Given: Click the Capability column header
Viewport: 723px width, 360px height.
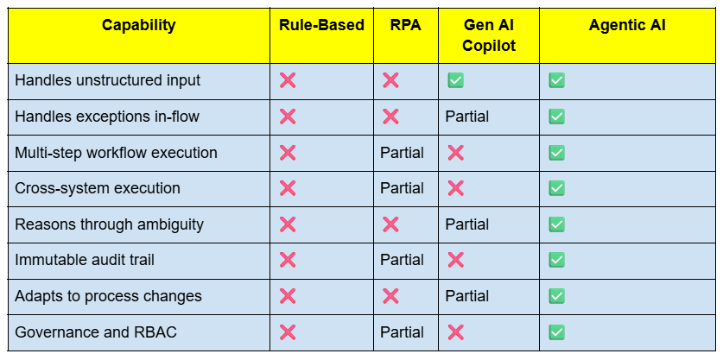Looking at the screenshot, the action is click(138, 25).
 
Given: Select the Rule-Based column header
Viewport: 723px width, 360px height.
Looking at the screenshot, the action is click(322, 25).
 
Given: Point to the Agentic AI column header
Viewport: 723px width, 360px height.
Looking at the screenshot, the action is click(627, 25).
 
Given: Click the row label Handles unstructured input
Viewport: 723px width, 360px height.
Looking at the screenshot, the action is click(107, 80).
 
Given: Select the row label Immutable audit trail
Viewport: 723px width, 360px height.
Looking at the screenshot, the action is click(85, 260).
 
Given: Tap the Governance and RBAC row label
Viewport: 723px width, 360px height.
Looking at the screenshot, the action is click(95, 332).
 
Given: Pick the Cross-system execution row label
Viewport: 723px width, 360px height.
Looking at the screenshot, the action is click(98, 188).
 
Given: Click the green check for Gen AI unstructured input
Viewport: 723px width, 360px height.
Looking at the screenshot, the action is click(455, 80).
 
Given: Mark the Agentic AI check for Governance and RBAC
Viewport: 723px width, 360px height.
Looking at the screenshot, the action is click(556, 332).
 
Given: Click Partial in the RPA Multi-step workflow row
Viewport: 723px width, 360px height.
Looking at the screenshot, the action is click(402, 153).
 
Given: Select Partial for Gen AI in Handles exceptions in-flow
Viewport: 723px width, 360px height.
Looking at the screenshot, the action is click(467, 117).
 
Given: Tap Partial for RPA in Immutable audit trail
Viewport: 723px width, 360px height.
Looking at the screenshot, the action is click(402, 260).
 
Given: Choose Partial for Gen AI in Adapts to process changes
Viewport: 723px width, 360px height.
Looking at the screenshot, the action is click(467, 296).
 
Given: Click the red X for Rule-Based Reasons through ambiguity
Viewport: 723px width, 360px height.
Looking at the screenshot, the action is click(288, 224).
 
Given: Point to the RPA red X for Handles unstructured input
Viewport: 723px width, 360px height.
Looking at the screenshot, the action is click(390, 80).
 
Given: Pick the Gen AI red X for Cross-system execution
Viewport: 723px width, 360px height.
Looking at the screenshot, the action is click(455, 188).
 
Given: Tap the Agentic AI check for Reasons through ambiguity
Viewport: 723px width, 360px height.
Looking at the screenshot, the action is click(556, 224).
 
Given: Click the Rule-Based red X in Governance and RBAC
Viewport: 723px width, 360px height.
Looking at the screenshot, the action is click(288, 332).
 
